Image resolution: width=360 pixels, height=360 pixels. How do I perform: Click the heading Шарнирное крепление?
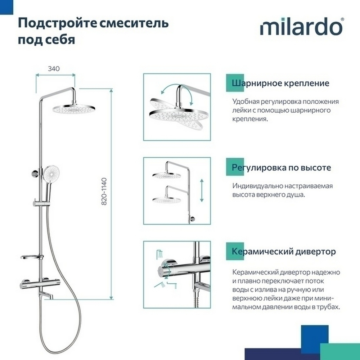pyautogui.click(x=281, y=84)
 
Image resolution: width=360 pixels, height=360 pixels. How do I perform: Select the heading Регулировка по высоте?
pyautogui.click(x=282, y=168)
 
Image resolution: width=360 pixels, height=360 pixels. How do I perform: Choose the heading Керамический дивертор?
pyautogui.click(x=284, y=251)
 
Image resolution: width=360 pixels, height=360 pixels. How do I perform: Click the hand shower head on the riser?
pyautogui.click(x=50, y=172)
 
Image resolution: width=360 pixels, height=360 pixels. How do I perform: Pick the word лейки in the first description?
pyautogui.click(x=241, y=111)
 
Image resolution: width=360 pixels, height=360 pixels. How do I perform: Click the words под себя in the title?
pyautogui.click(x=46, y=39)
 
